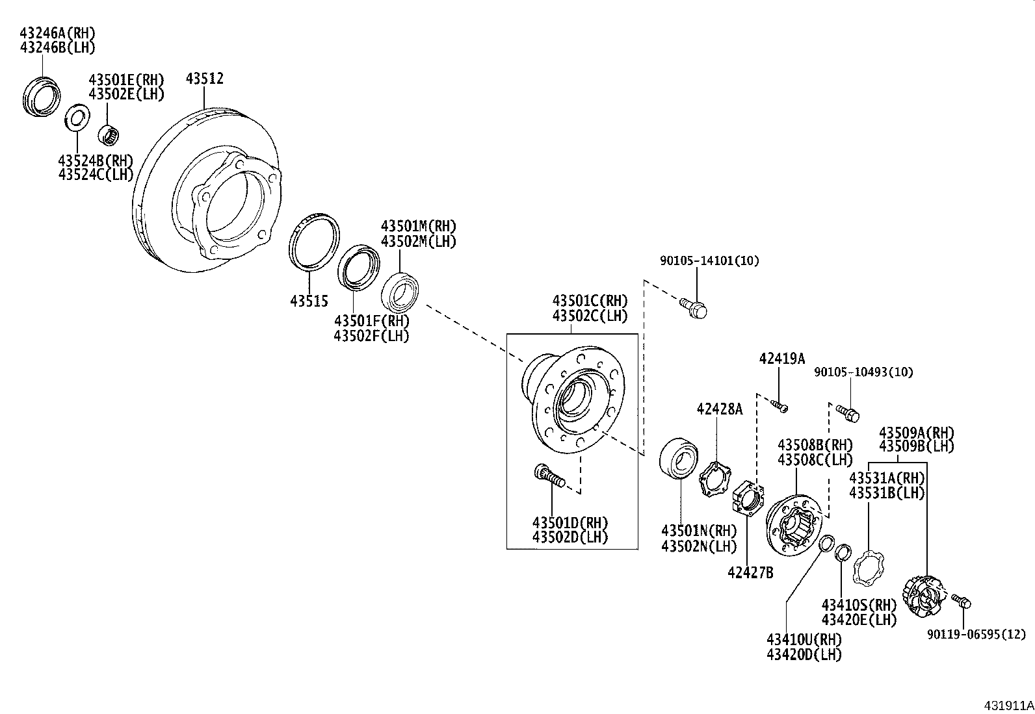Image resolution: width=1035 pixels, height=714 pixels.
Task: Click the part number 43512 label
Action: pos(204,79)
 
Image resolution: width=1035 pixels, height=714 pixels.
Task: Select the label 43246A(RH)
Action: pos(57,33)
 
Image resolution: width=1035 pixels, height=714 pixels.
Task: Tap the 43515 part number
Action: pos(309,301)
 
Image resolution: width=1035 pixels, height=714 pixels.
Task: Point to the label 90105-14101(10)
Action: pos(709,261)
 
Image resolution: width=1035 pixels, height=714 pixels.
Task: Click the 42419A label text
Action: pos(782,359)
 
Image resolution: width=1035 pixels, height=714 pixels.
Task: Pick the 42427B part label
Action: pos(750,572)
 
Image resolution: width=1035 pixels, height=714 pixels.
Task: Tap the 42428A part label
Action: pos(719,409)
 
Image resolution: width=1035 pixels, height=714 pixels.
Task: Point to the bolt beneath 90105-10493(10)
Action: pos(848,412)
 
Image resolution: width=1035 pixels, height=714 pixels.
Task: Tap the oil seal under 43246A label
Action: pos(42,97)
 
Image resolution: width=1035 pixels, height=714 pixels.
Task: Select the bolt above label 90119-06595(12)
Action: pos(961,600)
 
